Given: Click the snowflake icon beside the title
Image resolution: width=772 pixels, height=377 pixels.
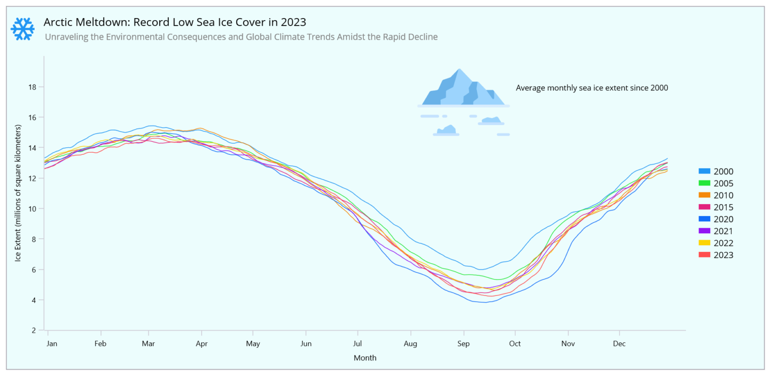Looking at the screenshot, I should click(x=23, y=29).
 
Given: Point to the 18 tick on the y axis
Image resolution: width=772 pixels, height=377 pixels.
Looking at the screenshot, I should click(x=32, y=87).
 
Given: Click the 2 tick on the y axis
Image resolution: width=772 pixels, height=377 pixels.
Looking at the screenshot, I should click(x=34, y=330).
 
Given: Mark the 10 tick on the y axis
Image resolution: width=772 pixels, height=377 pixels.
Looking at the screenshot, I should click(x=32, y=209).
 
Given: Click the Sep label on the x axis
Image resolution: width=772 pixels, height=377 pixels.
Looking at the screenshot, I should click(x=463, y=344).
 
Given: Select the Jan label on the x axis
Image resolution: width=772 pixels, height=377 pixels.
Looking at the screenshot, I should click(x=52, y=344).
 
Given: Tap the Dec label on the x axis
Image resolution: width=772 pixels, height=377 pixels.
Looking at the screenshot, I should click(x=619, y=344).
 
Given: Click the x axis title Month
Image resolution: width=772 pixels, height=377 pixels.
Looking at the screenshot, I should click(x=365, y=358).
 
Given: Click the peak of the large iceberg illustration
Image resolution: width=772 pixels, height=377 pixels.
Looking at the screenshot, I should click(x=459, y=70).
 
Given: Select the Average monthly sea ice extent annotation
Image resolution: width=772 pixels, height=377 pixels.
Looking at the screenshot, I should click(x=592, y=87).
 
